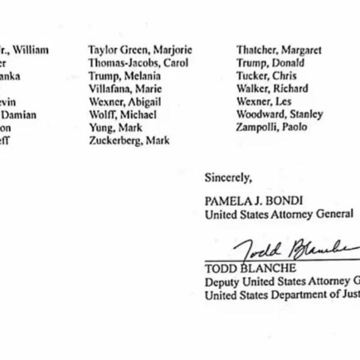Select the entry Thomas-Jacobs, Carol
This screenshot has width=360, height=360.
pyautogui.click(x=138, y=63)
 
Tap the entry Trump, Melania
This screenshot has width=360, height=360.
pyautogui.click(x=124, y=76)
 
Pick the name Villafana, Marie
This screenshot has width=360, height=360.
pyautogui.click(x=124, y=89)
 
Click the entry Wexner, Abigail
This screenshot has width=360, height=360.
pyautogui.click(x=124, y=102)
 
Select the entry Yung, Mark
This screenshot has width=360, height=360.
pyautogui.click(x=115, y=128)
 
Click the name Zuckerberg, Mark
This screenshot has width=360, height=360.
pyautogui.click(x=128, y=140)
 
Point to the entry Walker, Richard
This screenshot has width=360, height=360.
pyautogui.click(x=272, y=89)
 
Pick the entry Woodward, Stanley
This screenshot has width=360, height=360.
pyautogui.click(x=280, y=114)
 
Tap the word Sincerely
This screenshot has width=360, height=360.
pyautogui.click(x=228, y=178)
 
